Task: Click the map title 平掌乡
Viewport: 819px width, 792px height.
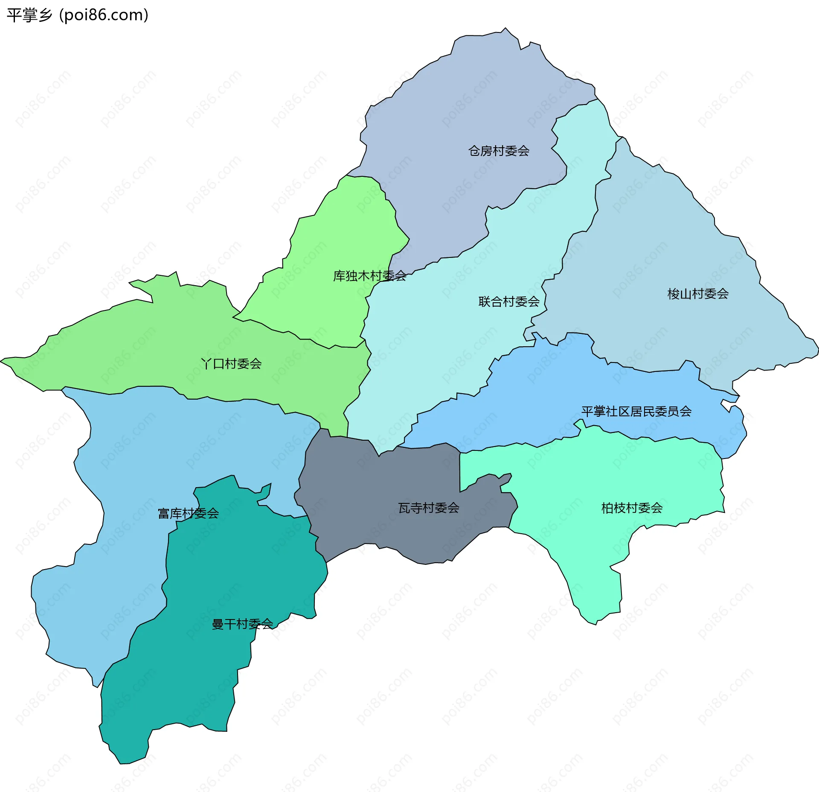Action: [x=29, y=15]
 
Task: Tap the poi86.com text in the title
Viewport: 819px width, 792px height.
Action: [x=104, y=15]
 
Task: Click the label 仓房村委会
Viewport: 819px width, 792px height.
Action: [x=499, y=151]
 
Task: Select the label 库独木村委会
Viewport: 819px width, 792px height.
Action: [x=369, y=276]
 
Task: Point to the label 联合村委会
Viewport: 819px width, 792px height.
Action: [x=509, y=301]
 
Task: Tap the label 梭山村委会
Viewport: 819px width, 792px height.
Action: [x=698, y=294]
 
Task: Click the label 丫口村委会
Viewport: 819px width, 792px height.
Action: [x=231, y=364]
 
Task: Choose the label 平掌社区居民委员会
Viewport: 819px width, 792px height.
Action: [x=636, y=411]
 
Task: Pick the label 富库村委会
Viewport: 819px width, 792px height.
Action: [x=188, y=513]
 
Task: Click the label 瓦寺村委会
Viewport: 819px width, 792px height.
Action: [x=429, y=508]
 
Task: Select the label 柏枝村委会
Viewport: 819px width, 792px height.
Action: [x=632, y=508]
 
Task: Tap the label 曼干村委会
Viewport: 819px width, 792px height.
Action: [x=242, y=624]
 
